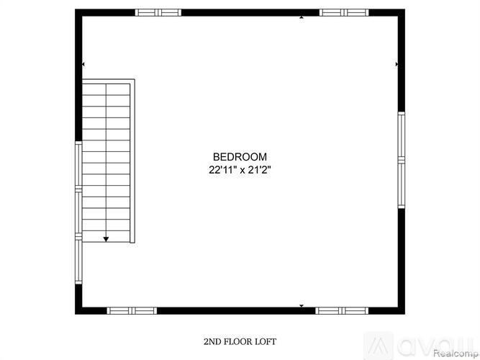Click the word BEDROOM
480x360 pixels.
coord(240,157)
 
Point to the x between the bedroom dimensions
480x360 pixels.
coord(240,171)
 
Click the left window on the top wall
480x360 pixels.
coord(158,12)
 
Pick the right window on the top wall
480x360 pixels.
coord(344,12)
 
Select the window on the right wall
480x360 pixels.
coord(402,160)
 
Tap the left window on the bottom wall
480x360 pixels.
coord(132,310)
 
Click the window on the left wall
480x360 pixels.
coord(78,213)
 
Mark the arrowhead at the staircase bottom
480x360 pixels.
coord(107,238)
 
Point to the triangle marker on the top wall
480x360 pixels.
coord(302,17)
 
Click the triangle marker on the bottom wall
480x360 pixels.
coord(302,306)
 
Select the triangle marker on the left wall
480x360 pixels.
coord(83,65)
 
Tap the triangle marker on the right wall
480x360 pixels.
coord(397,65)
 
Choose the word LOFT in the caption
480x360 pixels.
coord(266,341)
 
